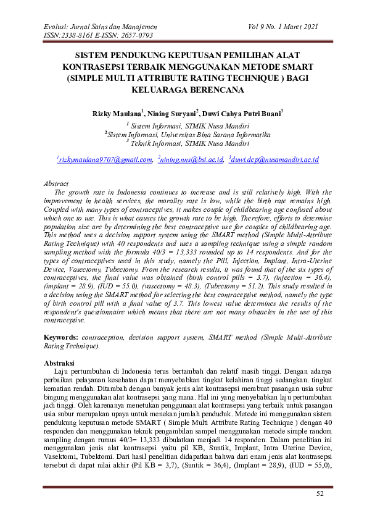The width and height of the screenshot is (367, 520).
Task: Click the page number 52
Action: tap(320, 493)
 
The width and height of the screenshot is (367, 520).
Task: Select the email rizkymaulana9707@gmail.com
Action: tap(104, 159)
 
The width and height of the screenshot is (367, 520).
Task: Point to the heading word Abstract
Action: tap(57, 183)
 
